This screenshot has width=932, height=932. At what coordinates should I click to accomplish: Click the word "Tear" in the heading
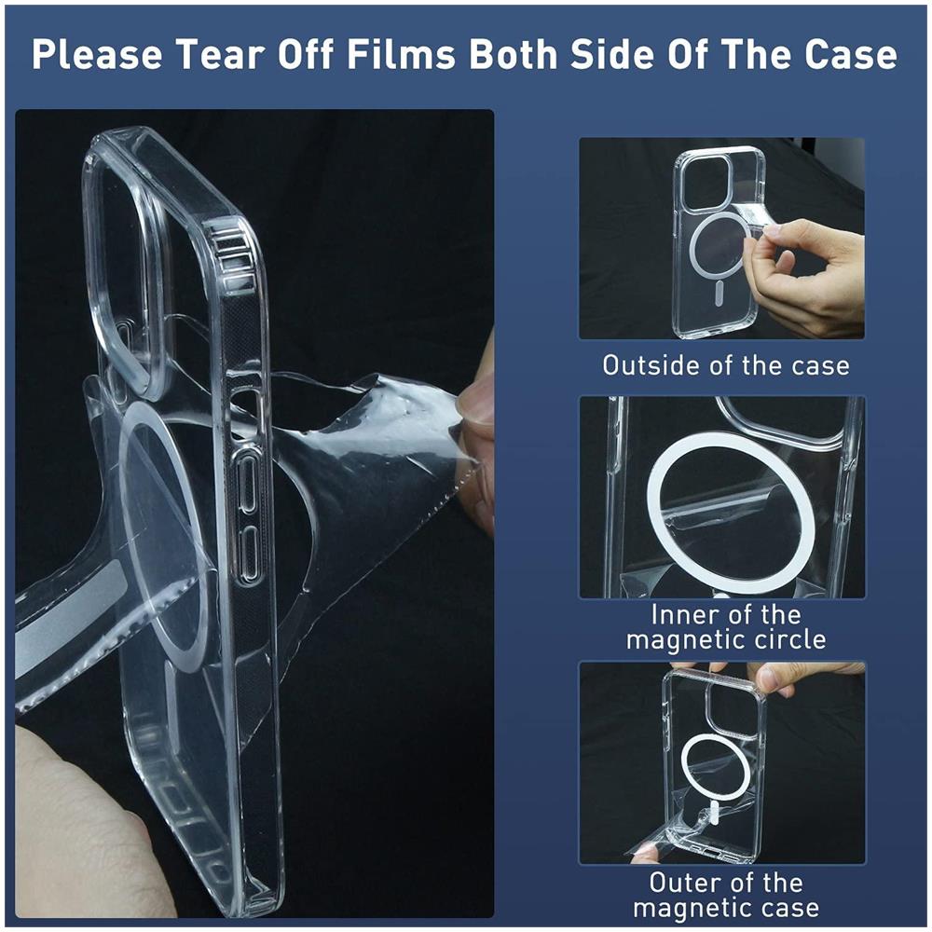pos(222,55)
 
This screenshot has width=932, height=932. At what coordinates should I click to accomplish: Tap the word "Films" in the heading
pos(401,55)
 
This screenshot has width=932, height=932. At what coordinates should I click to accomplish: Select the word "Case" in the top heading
pos(851,55)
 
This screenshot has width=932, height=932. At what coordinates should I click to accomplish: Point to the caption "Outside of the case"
pos(726,365)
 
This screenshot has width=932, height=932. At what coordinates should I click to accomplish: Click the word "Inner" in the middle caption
pos(683,614)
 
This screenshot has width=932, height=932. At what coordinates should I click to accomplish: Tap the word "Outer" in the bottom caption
pos(684,883)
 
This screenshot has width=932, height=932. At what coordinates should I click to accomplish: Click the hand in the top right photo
pos(806,275)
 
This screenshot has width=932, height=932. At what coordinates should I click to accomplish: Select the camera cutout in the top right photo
pos(706,183)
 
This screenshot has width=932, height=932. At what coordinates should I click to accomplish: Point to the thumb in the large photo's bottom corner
pos(83,826)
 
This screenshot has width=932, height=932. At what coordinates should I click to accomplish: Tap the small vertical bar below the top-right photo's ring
pos(718,295)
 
